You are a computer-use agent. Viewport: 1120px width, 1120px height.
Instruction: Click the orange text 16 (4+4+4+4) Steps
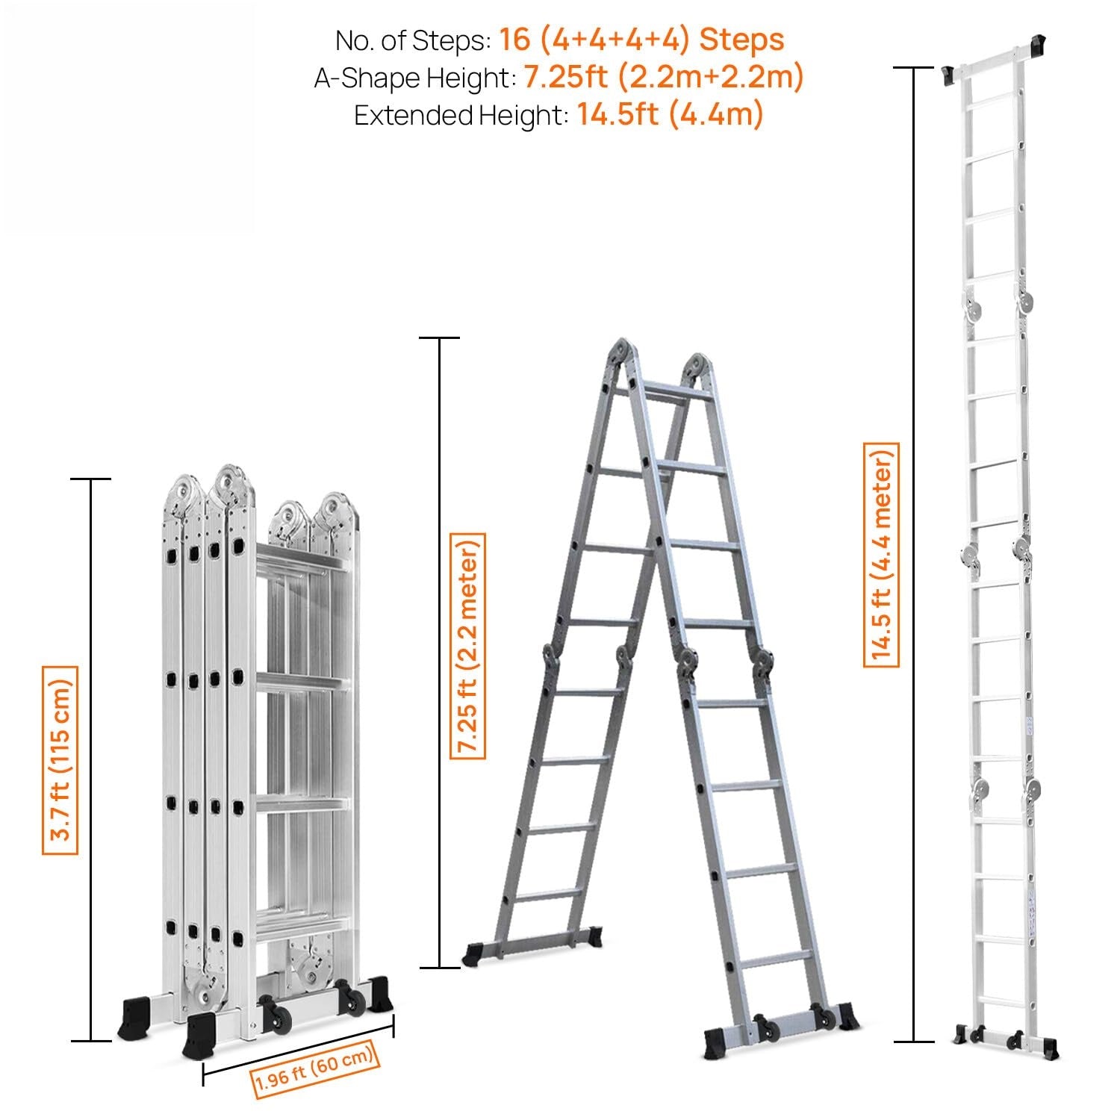[641, 40]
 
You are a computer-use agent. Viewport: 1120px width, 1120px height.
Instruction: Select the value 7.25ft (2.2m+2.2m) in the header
[663, 77]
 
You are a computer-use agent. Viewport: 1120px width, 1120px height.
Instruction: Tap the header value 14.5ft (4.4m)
[670, 115]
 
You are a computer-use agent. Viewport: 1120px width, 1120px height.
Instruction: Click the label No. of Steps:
[413, 40]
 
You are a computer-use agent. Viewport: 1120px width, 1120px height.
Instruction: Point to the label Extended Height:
[461, 116]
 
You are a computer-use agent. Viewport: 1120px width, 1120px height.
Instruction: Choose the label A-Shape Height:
[414, 78]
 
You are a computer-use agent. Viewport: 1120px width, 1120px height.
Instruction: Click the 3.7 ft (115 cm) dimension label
[60, 759]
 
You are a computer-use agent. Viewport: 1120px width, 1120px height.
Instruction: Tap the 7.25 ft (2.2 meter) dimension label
[467, 645]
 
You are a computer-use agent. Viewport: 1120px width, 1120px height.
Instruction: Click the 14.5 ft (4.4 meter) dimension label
[881, 554]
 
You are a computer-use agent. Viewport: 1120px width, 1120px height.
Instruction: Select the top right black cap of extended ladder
[1037, 45]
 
